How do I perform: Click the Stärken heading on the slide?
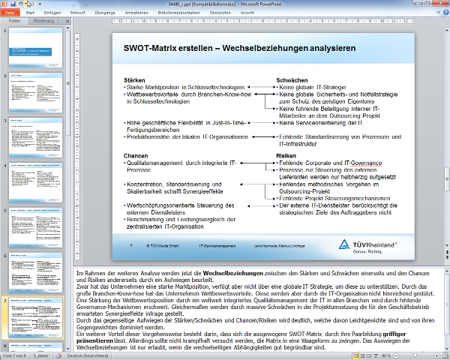coord(134,79)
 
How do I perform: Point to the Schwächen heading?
coord(292,79)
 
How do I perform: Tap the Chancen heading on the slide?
coord(136,155)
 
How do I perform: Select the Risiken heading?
coord(287,155)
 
